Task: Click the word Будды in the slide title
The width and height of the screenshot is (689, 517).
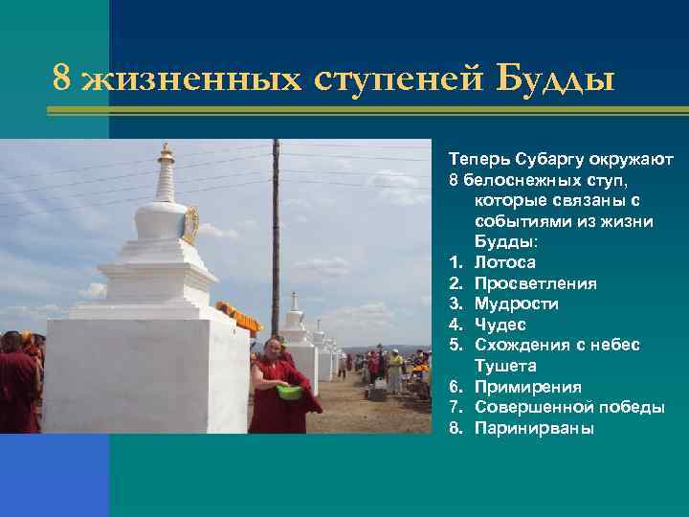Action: pos(558,79)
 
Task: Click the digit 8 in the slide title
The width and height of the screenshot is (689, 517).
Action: pos(62,79)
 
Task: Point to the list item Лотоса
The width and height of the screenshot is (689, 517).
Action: pos(505,262)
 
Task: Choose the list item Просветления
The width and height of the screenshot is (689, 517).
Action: pos(536,283)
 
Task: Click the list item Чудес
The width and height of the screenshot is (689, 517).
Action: pos(500,325)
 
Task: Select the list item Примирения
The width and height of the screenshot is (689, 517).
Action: pos(527,387)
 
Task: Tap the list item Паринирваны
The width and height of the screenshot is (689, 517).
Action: pos(534,428)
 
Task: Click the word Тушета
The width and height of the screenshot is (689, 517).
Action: pos(505,366)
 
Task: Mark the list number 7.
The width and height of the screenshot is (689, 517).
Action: pos(455,408)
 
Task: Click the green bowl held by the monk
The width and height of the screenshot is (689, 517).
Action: pos(288,392)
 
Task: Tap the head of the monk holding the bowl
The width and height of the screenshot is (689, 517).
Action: pos(273,346)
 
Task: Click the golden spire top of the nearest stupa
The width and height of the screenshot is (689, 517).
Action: pos(167,154)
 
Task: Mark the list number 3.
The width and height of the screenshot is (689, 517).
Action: pos(455,303)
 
